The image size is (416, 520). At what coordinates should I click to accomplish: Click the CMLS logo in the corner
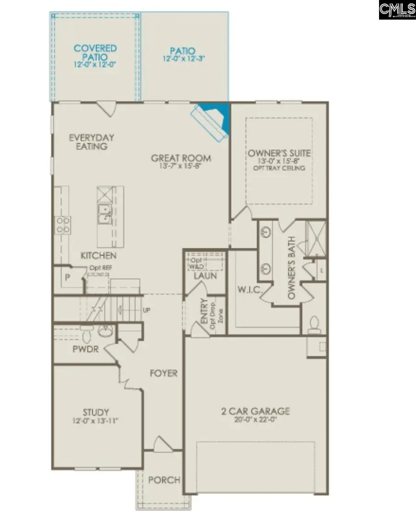(397, 10)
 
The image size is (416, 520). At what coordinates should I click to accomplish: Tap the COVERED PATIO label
(95, 52)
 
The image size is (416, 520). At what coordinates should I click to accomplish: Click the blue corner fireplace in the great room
(214, 118)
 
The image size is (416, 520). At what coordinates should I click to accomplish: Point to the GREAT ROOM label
(181, 159)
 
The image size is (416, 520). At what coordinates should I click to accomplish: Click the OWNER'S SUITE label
(279, 153)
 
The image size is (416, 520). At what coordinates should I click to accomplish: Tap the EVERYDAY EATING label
(92, 142)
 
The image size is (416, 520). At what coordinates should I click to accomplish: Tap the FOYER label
(164, 373)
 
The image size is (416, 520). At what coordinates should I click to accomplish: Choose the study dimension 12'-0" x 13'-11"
(96, 421)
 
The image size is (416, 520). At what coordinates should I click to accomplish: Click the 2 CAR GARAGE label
(255, 410)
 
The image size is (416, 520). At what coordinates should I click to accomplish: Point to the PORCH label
(164, 480)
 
